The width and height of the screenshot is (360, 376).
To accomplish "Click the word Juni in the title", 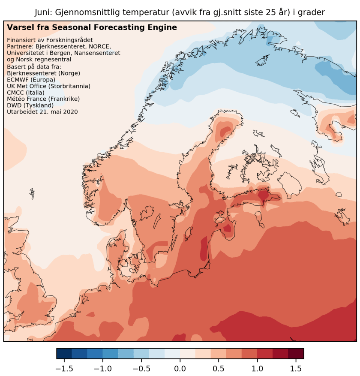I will point(44,12).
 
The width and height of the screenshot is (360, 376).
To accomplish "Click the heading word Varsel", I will point(19,28).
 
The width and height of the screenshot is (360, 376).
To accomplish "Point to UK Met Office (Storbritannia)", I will point(49,86).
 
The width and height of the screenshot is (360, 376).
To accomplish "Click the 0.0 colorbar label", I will point(180,368).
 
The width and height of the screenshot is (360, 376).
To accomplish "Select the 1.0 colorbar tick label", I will point(257,368).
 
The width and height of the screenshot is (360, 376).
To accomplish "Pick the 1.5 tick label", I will point(296,368).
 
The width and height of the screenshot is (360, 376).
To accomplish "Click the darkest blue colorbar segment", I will point(64,353).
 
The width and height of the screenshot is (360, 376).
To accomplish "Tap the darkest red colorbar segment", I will point(296,353).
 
